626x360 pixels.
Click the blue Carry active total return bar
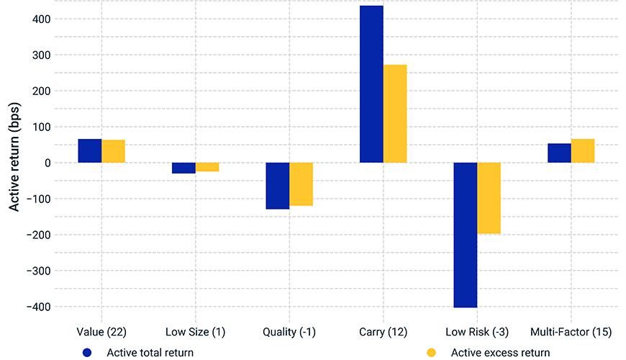(371, 84)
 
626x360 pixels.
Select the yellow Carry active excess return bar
(395, 114)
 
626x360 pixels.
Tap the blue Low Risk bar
(466, 235)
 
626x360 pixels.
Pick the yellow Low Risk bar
(489, 198)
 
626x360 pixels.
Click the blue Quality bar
(278, 186)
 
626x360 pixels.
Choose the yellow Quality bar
(301, 184)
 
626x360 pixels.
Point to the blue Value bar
(90, 150)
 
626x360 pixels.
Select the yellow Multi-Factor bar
(583, 150)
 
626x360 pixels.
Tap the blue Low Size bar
(183, 168)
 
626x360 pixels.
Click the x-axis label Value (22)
(101, 332)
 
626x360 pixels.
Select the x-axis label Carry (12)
(383, 332)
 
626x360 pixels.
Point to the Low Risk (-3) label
(477, 332)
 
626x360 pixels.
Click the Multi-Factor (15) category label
(571, 332)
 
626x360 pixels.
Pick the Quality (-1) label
(289, 332)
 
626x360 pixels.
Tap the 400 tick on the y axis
(40, 19)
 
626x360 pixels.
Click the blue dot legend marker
(88, 353)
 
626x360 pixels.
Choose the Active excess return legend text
(500, 353)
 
